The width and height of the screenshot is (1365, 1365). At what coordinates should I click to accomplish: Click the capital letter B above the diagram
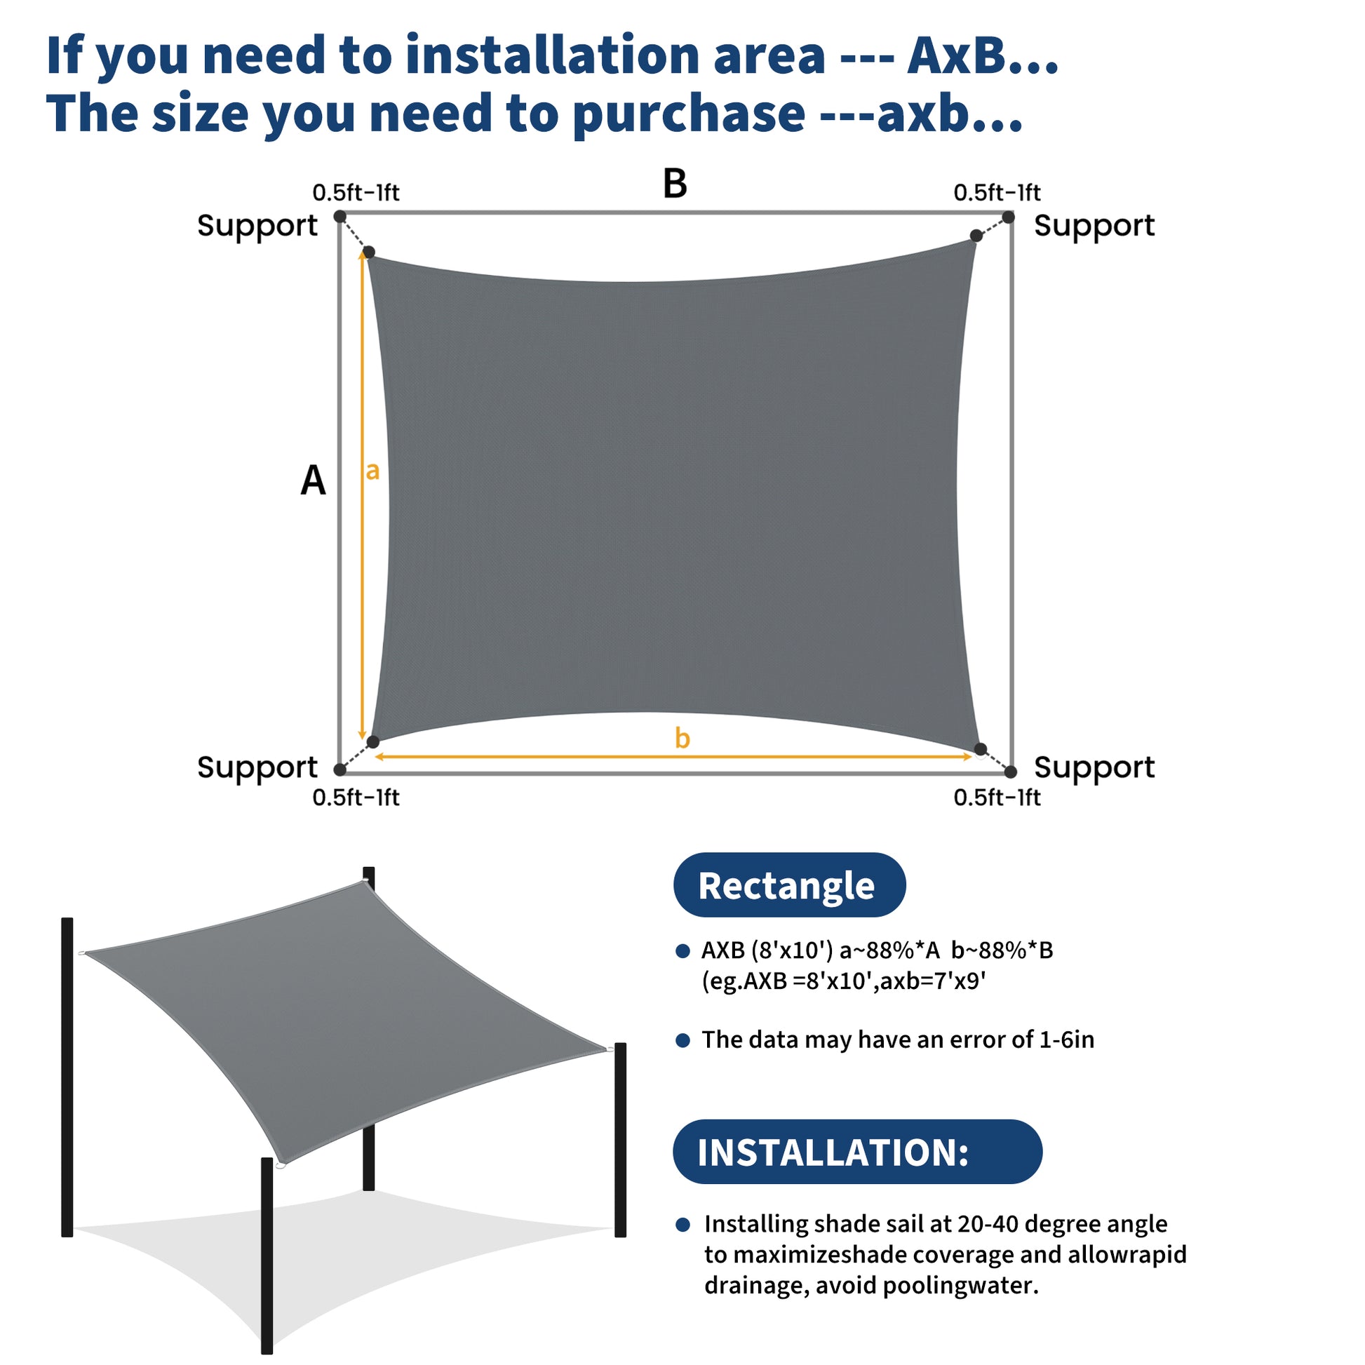(675, 183)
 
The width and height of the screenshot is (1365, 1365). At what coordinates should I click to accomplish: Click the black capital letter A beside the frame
(313, 480)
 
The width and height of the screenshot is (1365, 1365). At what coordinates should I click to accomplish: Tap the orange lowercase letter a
(372, 471)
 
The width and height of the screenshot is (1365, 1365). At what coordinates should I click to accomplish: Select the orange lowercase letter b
(682, 738)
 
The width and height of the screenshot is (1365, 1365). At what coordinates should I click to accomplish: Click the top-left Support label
(257, 226)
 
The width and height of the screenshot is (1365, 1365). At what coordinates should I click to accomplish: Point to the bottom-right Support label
(1094, 767)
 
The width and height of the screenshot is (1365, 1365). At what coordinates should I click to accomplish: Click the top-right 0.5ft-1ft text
(997, 192)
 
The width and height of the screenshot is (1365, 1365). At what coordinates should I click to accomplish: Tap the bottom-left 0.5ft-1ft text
(356, 798)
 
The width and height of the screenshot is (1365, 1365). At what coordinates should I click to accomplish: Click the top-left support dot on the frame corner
(339, 216)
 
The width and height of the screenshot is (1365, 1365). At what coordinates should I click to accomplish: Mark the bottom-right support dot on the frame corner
(1010, 772)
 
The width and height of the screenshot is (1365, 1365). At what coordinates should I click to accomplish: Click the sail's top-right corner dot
(976, 235)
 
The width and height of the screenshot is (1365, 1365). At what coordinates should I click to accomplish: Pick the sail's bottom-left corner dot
(373, 742)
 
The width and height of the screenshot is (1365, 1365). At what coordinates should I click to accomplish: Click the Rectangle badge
(789, 885)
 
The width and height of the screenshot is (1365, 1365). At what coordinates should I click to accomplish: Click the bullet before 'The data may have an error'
(682, 1040)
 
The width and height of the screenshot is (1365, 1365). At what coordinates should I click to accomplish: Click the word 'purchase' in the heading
(689, 113)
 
